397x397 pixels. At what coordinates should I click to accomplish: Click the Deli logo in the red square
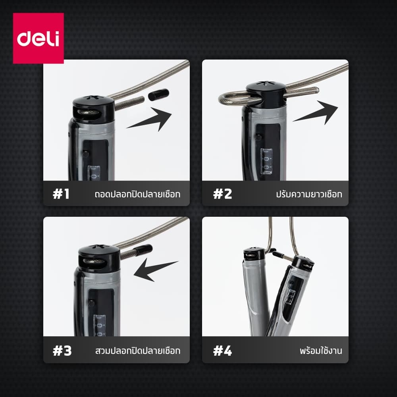(38, 38)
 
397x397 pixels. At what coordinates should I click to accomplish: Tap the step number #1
(61, 194)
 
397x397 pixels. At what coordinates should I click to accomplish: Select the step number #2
(222, 194)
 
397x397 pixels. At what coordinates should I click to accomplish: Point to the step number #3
(62, 351)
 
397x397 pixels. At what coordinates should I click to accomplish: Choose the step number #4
(222, 351)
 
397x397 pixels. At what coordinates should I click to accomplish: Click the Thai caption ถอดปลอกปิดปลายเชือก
(137, 194)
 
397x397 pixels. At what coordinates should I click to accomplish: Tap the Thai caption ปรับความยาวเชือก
(309, 194)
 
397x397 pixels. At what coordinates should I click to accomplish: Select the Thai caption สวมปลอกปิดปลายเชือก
(138, 351)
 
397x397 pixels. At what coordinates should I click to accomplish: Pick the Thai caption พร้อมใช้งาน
(321, 351)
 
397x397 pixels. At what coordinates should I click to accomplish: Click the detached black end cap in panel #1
(158, 95)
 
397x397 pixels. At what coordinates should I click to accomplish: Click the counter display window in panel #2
(266, 162)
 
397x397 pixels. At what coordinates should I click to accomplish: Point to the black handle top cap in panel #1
(93, 107)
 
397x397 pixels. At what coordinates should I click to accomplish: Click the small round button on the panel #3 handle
(91, 303)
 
